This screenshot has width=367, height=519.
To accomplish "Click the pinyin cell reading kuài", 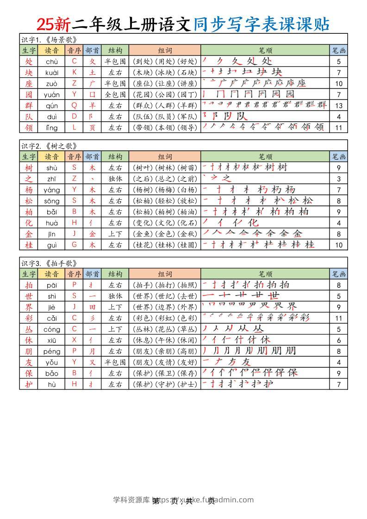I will tap(51, 72).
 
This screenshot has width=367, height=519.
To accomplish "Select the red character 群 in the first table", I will tap(29, 105).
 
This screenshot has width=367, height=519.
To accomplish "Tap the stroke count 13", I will tap(339, 105).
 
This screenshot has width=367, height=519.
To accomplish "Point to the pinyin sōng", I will tap(51, 201).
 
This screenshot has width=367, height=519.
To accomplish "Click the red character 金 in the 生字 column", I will tap(29, 234).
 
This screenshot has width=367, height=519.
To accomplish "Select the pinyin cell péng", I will tap(51, 351).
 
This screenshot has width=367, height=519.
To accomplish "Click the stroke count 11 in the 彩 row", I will tap(339, 318).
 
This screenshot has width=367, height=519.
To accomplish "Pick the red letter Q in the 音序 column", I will tap(74, 105).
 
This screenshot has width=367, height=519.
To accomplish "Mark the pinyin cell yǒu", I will tap(51, 362).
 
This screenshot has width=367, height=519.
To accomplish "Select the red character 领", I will tap(29, 127).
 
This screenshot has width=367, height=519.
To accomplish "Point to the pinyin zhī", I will tap(51, 179).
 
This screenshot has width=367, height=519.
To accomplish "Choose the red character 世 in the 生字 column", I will tap(29, 296).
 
